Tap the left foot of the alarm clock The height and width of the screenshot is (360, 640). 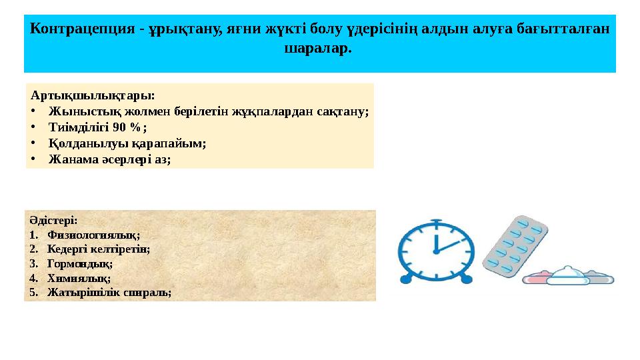coord(405,279)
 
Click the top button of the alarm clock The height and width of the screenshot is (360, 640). coord(436,220)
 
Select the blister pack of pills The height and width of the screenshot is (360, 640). coord(515,248)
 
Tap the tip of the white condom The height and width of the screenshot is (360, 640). coord(568,269)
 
